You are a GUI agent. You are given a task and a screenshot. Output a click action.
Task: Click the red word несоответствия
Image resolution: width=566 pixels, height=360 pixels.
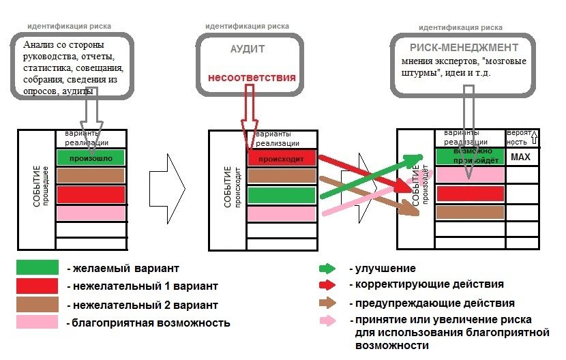[x=252, y=78]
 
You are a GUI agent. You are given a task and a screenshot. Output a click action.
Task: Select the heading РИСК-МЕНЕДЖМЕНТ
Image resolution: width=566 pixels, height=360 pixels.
[x=464, y=48]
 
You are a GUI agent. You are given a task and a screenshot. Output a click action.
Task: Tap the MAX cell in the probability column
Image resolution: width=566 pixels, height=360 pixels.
[x=520, y=157]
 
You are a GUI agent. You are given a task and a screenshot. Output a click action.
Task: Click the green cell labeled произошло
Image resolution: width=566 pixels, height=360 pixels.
[x=91, y=157]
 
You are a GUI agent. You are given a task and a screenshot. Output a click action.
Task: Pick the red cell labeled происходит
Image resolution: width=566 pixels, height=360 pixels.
[x=282, y=157]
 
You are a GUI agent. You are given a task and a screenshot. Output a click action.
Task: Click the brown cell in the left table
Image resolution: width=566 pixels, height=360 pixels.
[x=91, y=176]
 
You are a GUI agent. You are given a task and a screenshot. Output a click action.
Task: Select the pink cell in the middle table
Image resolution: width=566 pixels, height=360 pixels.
[x=282, y=213]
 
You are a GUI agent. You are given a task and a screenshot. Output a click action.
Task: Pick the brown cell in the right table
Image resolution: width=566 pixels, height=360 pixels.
[x=470, y=212]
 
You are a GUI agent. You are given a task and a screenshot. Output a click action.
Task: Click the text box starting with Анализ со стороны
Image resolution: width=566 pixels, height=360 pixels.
[x=68, y=67]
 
